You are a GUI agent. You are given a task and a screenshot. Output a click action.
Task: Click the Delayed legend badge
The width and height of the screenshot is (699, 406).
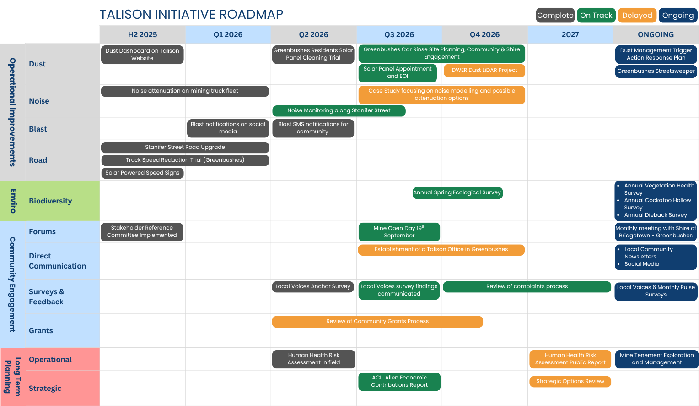coord(637,15)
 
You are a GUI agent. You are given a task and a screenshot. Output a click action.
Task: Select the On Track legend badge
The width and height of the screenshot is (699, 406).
coord(596,15)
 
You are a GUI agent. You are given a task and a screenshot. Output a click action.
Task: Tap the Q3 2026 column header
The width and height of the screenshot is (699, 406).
coord(399,34)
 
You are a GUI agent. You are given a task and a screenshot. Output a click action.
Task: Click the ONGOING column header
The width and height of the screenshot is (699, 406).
coord(656,34)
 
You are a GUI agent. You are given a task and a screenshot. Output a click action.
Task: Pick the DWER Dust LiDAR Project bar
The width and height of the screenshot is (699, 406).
coord(484,70)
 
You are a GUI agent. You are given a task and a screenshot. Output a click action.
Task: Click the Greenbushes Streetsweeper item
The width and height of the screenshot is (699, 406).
coord(656,71)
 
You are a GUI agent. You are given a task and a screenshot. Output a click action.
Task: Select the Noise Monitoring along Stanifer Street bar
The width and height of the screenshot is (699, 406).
coord(339,110)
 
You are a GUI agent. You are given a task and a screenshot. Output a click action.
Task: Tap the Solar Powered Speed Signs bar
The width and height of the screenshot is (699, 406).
coord(142,173)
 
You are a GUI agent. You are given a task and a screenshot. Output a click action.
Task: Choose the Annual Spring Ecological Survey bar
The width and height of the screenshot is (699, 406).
coord(457,192)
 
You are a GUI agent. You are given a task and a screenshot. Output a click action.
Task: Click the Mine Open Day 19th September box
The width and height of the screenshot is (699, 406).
coord(399,232)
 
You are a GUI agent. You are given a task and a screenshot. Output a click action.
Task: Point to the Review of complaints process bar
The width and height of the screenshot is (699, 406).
coord(527,286)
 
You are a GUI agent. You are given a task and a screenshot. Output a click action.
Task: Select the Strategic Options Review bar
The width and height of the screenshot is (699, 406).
coord(570,382)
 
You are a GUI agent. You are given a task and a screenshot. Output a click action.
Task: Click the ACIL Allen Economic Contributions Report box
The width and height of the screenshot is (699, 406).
coord(399,382)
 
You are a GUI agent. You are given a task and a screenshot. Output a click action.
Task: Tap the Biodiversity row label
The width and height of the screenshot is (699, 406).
coord(51,201)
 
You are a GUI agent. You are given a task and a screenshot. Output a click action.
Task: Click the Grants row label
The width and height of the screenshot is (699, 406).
coord(41,331)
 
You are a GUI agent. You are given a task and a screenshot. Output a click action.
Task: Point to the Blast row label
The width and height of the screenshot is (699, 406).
coord(38,129)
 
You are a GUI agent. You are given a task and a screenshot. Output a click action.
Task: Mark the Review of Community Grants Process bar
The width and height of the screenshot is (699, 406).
coord(377,322)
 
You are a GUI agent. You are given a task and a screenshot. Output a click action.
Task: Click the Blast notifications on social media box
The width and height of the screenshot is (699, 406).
coord(228,128)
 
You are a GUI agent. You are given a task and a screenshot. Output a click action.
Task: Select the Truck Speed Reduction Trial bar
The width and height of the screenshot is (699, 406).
coord(185,160)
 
